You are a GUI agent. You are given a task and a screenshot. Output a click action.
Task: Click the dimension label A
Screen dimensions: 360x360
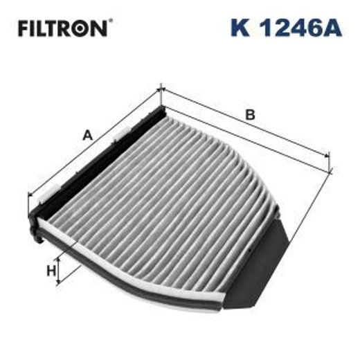[x=87, y=136]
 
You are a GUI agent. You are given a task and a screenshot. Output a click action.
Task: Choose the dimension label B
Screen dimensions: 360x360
[x=251, y=115]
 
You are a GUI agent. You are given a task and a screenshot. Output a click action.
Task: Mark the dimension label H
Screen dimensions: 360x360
[x=51, y=271]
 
